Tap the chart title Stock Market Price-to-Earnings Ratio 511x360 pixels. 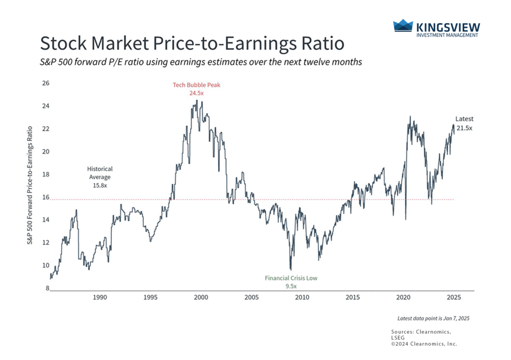(192, 43)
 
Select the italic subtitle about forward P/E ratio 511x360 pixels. (201, 63)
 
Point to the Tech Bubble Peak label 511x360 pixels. (196, 85)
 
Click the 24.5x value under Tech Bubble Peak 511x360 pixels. (196, 93)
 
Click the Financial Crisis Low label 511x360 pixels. (291, 278)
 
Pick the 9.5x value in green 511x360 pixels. (291, 286)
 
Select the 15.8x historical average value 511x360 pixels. (100, 185)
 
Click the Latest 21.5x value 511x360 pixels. (464, 128)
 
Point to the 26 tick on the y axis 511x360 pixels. (46, 83)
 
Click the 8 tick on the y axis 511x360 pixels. (47, 289)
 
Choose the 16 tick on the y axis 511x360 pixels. (46, 197)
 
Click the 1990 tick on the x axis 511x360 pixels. (100, 298)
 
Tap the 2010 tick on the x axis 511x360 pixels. (302, 298)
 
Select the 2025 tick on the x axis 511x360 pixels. (453, 298)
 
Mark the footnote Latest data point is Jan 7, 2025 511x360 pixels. (433, 318)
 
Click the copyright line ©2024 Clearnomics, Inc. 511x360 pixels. (424, 344)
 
